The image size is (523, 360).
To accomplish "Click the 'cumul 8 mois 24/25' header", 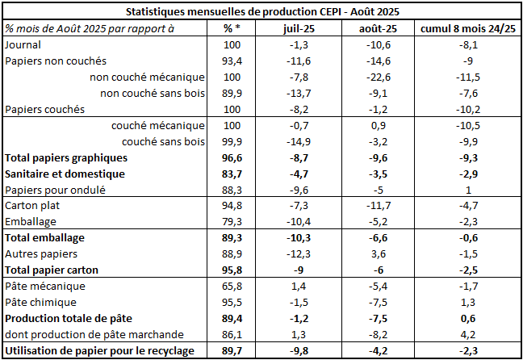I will pyautogui.click(x=468, y=28).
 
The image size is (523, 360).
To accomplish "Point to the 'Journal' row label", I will pyautogui.click(x=24, y=44).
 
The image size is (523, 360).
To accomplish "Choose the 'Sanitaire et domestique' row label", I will pyautogui.click(x=65, y=174).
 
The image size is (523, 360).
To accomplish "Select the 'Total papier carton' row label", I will pyautogui.click(x=56, y=270).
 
